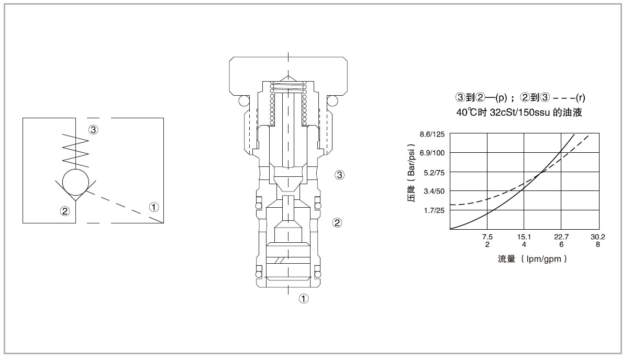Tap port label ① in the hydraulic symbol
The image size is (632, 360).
[x=154, y=207]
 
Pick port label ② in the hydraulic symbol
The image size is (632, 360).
[x=64, y=211]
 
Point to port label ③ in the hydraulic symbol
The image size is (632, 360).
[x=93, y=130]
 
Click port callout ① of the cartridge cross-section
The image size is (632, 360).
[x=303, y=299]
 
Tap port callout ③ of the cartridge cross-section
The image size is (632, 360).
[x=339, y=175]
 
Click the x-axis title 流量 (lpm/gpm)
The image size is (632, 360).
[x=532, y=258]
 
